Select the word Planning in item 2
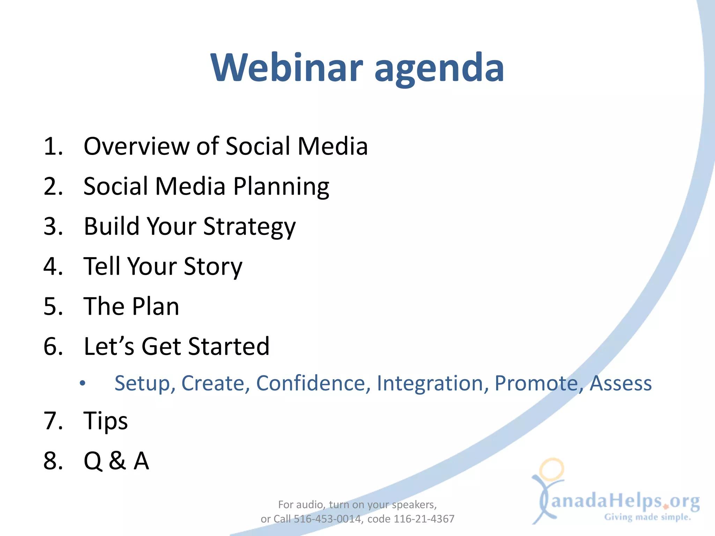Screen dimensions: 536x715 (x=281, y=187)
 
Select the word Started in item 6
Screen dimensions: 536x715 (x=229, y=346)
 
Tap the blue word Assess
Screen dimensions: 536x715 (x=620, y=383)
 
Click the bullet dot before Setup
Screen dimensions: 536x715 (x=82, y=384)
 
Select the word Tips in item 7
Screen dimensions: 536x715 (x=105, y=421)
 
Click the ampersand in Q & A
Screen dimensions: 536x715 (x=117, y=461)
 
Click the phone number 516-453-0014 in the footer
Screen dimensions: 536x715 (x=327, y=519)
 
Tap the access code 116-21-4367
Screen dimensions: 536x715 (x=424, y=519)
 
